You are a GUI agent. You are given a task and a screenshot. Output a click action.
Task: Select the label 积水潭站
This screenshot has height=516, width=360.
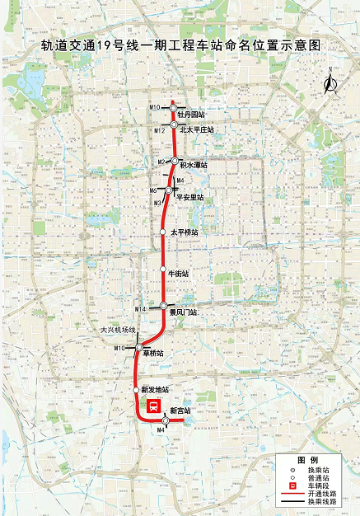(194, 164)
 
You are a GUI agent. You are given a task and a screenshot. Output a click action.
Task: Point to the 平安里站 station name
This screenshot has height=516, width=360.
(189, 197)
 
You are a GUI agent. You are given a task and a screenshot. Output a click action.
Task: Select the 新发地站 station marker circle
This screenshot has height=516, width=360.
(137, 389)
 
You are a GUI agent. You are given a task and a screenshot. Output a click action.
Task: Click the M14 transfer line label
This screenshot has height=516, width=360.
(141, 308)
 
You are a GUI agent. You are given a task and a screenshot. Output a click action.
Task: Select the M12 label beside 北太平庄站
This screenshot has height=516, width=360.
(160, 131)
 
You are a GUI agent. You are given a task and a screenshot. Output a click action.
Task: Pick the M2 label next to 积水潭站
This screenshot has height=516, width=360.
(162, 162)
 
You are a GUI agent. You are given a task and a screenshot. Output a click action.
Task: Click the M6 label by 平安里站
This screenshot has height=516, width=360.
(153, 190)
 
